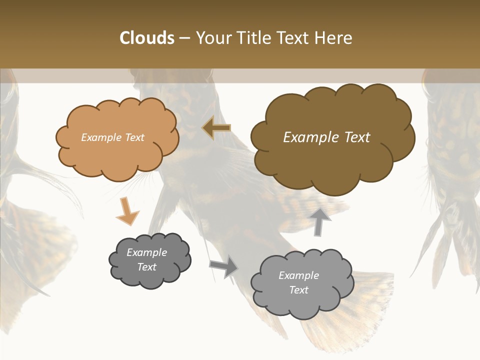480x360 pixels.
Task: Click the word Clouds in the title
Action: [147, 38]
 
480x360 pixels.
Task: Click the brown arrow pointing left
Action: [216, 128]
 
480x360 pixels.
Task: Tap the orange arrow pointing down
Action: [127, 211]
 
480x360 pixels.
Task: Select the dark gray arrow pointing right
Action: [224, 266]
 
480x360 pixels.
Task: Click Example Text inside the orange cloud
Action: [112, 137]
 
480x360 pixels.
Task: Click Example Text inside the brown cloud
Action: [326, 137]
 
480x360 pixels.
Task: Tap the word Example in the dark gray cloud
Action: [146, 252]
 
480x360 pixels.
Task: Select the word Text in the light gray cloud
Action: [298, 290]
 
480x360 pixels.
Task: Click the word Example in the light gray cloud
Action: [298, 275]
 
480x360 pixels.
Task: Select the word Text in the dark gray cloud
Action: [146, 267]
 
